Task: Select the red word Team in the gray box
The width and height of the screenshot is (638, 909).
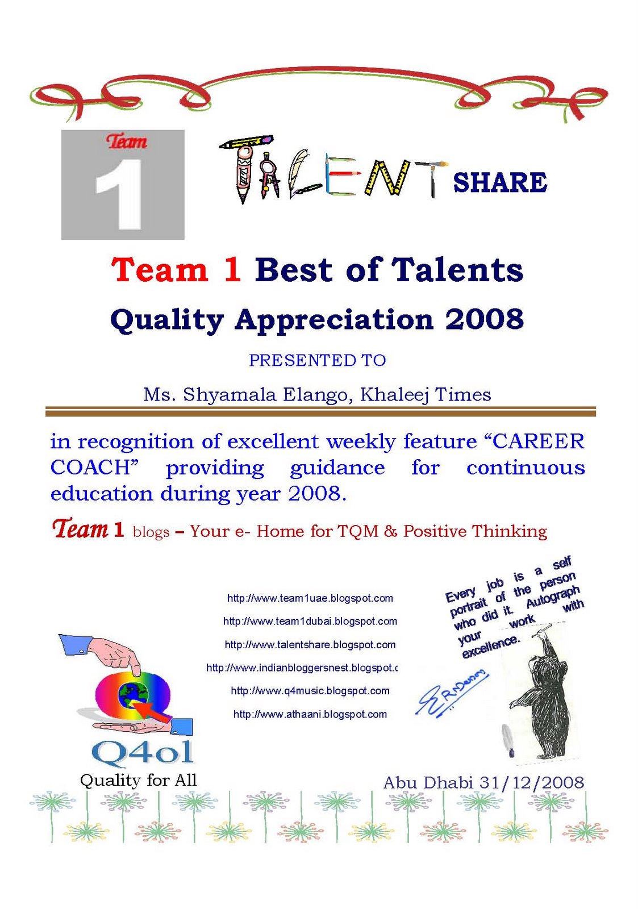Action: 126,141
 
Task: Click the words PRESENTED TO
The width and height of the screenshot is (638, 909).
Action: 317,360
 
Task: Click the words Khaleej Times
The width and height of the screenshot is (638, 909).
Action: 426,395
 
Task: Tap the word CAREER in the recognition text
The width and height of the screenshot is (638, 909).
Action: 539,441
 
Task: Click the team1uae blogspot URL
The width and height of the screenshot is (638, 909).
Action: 310,598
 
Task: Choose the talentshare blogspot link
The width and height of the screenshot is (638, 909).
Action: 310,644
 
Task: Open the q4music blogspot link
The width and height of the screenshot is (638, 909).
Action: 310,691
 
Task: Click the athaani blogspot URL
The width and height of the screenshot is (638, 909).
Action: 310,714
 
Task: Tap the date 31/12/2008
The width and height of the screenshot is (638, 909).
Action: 531,782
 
